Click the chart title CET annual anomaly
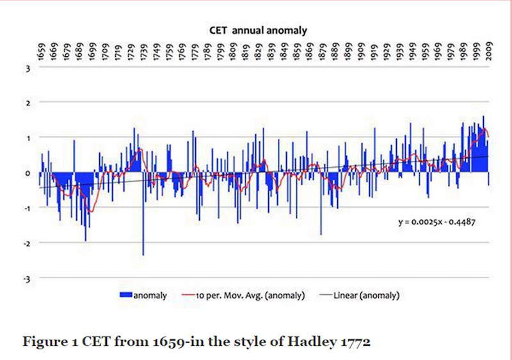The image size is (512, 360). [x=259, y=30]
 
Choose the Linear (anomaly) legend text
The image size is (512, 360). [x=365, y=295]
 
